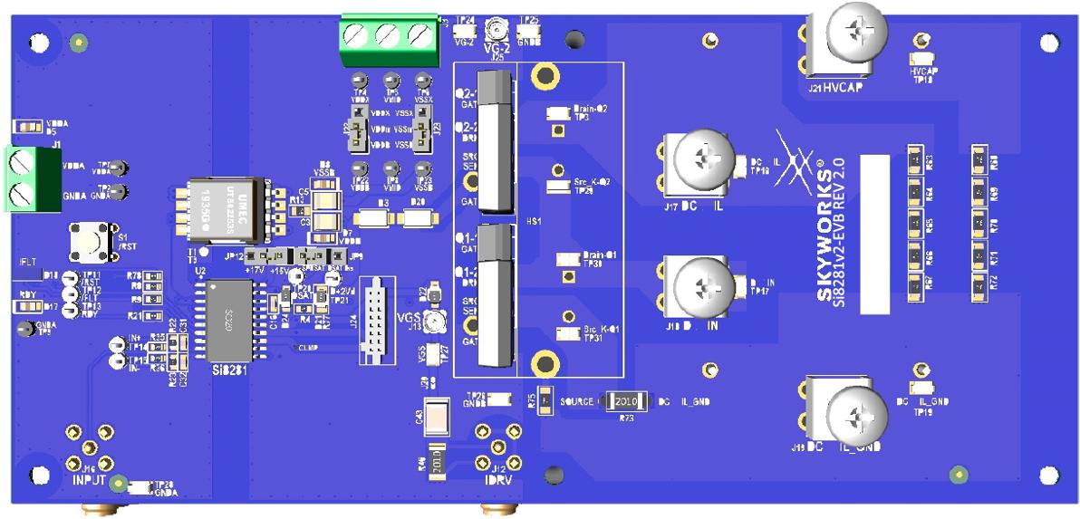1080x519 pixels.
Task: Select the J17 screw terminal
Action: pyautogui.click(x=699, y=164)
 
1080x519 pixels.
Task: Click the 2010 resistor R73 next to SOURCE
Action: pyautogui.click(x=626, y=400)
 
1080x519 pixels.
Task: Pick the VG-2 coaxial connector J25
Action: pyautogui.click(x=497, y=27)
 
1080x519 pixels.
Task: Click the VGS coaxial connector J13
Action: pyautogui.click(x=436, y=322)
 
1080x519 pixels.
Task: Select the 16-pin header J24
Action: pyautogui.click(x=379, y=322)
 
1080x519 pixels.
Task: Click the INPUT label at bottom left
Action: pyautogui.click(x=89, y=479)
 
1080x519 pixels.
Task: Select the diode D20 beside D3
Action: pyautogui.click(x=419, y=218)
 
